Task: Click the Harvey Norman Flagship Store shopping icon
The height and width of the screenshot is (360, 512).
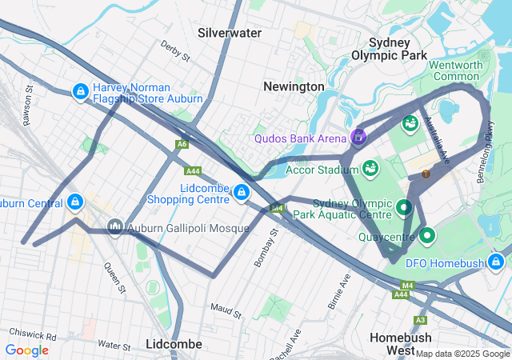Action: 80,93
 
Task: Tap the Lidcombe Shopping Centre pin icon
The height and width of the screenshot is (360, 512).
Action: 241,192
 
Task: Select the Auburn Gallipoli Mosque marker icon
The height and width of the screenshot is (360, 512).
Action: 115,228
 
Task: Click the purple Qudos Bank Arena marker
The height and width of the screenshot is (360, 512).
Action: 358,137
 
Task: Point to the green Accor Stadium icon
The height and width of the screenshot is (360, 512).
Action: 370,168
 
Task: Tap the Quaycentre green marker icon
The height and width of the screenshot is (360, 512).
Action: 426,236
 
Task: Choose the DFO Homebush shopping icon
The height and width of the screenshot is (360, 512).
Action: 497,262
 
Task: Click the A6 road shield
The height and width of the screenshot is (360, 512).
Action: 182,145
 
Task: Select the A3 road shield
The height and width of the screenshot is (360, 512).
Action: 421,320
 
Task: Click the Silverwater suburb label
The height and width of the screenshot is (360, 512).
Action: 229,33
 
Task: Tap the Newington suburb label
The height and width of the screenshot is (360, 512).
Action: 294,86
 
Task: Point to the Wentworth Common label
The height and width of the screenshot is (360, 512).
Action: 456,70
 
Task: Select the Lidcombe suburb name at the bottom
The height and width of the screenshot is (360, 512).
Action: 174,344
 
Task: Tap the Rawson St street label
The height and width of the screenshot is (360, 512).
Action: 29,99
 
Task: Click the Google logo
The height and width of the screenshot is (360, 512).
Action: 26,350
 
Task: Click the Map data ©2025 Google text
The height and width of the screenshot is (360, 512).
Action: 462,354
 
